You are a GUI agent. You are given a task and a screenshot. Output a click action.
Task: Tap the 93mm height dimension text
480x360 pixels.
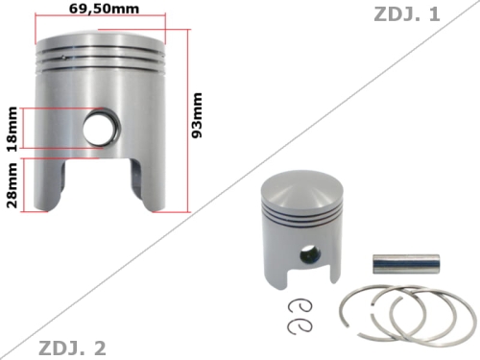pos(198,116)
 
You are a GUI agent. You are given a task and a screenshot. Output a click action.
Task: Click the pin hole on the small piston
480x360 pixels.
pos(306,256)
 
